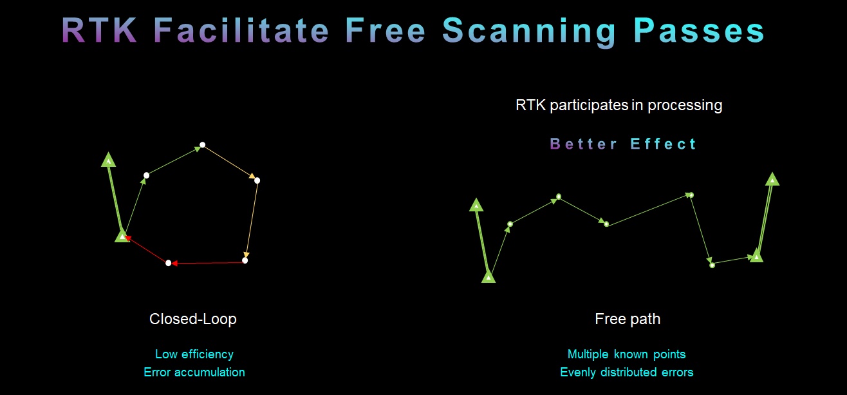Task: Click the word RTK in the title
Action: pos(99,30)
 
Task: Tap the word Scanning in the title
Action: pos(529,32)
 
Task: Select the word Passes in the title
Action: pos(699,30)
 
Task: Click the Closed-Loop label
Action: pos(193,319)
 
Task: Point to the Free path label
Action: pos(628,319)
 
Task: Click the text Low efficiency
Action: pos(194,354)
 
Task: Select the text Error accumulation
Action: pos(194,372)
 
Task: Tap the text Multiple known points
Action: pos(626,354)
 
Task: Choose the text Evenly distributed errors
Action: pos(626,372)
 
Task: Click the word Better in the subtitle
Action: pos(584,144)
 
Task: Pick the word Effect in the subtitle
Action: pos(663,144)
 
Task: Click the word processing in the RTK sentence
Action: pos(685,106)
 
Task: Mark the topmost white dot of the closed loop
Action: pos(202,145)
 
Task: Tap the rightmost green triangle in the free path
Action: pos(772,178)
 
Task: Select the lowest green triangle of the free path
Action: pos(489,277)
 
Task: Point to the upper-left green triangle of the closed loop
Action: pos(109,160)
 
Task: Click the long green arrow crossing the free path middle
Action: pos(649,210)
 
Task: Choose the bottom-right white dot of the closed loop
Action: pos(245,260)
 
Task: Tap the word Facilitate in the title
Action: pos(241,30)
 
